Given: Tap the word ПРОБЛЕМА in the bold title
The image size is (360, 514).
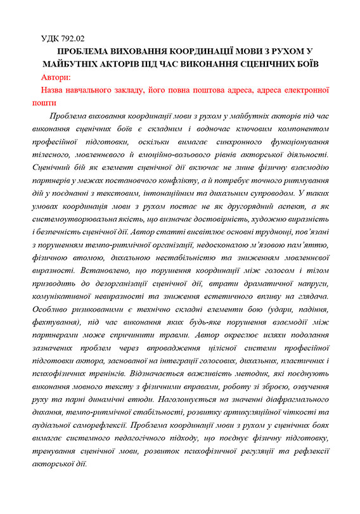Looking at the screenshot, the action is (86, 52).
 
